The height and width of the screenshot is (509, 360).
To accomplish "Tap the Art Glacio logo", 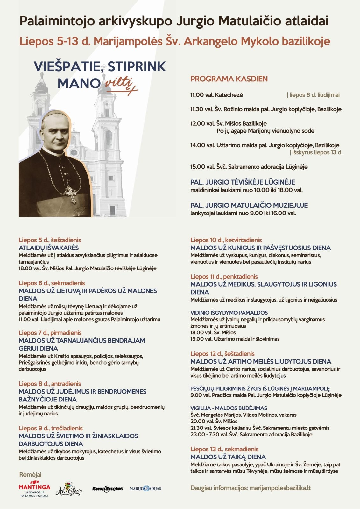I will tap(69, 489).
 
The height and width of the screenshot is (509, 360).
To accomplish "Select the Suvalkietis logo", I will tap(108, 489).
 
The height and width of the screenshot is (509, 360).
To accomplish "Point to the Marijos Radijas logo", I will tap(145, 488).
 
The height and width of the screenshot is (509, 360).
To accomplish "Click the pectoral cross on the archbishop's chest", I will tap(71, 193).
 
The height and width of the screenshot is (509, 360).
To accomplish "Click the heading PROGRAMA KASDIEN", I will tap(229, 79).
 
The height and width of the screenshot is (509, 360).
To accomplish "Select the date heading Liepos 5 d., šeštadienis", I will tap(50, 240).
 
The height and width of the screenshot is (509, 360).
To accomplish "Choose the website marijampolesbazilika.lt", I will tap(280, 488).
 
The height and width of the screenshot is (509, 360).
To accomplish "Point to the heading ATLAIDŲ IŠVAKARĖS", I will tap(48, 248).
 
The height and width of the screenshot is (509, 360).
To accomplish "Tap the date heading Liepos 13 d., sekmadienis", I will tap(224, 449).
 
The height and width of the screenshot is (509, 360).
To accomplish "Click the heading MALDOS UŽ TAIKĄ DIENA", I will tap(228, 457).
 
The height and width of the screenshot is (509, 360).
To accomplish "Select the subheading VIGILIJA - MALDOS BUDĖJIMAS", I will tap(229, 408).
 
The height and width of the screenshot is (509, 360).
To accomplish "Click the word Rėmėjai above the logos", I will tap(30, 474).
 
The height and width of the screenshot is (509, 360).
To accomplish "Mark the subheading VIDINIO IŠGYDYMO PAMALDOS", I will tap(229, 313).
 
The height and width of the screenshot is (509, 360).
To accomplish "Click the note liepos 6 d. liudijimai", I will tap(314, 95).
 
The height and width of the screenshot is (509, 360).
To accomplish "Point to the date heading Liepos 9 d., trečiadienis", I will tap(51, 428).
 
